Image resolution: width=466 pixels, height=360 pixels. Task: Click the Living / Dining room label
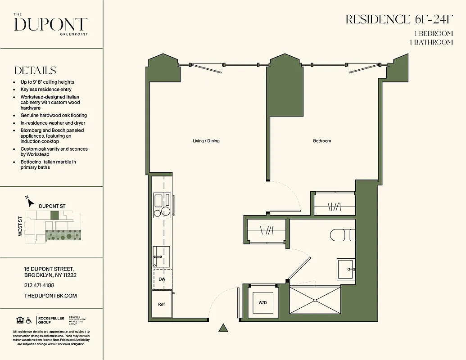[206, 141]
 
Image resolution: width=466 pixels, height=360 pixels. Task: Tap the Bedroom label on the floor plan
[322, 141]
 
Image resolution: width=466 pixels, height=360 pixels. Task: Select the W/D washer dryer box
[262, 302]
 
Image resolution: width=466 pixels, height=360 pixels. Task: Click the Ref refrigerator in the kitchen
[161, 305]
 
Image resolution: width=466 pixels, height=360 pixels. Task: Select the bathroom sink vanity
[346, 269]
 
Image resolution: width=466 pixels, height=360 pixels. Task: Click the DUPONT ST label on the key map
[52, 206]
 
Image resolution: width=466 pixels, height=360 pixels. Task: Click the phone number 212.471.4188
[39, 285]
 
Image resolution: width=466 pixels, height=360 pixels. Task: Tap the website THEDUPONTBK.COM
[50, 296]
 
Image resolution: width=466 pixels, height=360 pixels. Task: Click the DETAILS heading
[35, 71]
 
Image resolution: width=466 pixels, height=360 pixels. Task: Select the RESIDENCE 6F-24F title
[399, 19]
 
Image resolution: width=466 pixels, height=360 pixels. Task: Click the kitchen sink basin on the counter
[158, 199]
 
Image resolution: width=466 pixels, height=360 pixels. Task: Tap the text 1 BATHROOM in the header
[431, 42]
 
